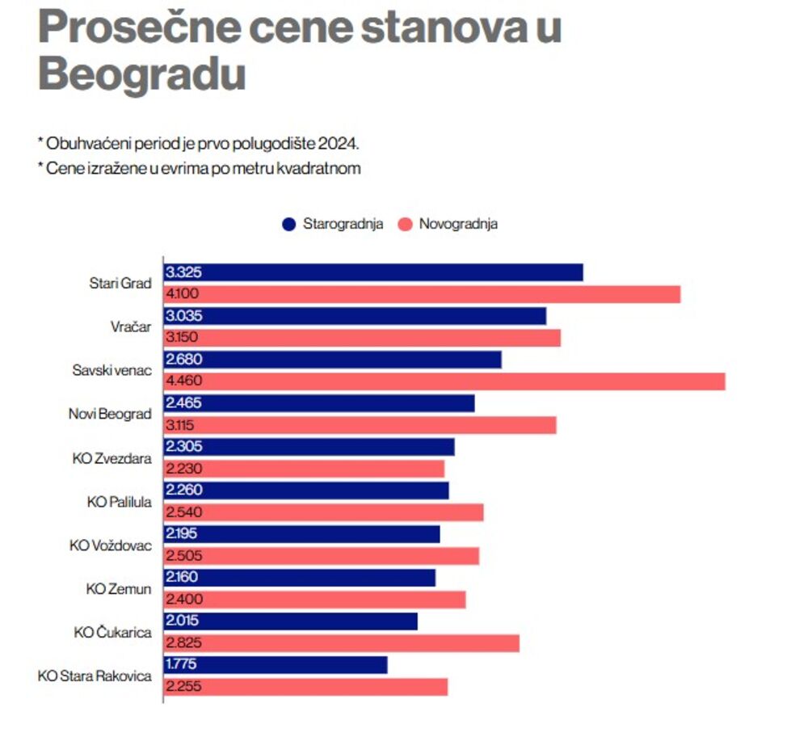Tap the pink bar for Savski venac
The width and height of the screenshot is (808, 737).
tap(444, 381)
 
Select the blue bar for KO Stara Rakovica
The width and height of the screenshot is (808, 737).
tap(276, 664)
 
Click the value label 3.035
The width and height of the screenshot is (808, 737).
tap(183, 316)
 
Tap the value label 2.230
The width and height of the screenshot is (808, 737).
tap(183, 469)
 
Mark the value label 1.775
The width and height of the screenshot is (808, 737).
tap(182, 664)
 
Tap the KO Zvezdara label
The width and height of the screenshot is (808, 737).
tap(112, 457)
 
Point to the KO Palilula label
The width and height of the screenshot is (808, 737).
tap(119, 501)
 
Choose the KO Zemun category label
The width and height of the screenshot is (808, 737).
tap(119, 588)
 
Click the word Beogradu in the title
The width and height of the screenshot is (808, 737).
tap(141, 74)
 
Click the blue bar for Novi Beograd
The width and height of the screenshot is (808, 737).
tap(319, 403)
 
